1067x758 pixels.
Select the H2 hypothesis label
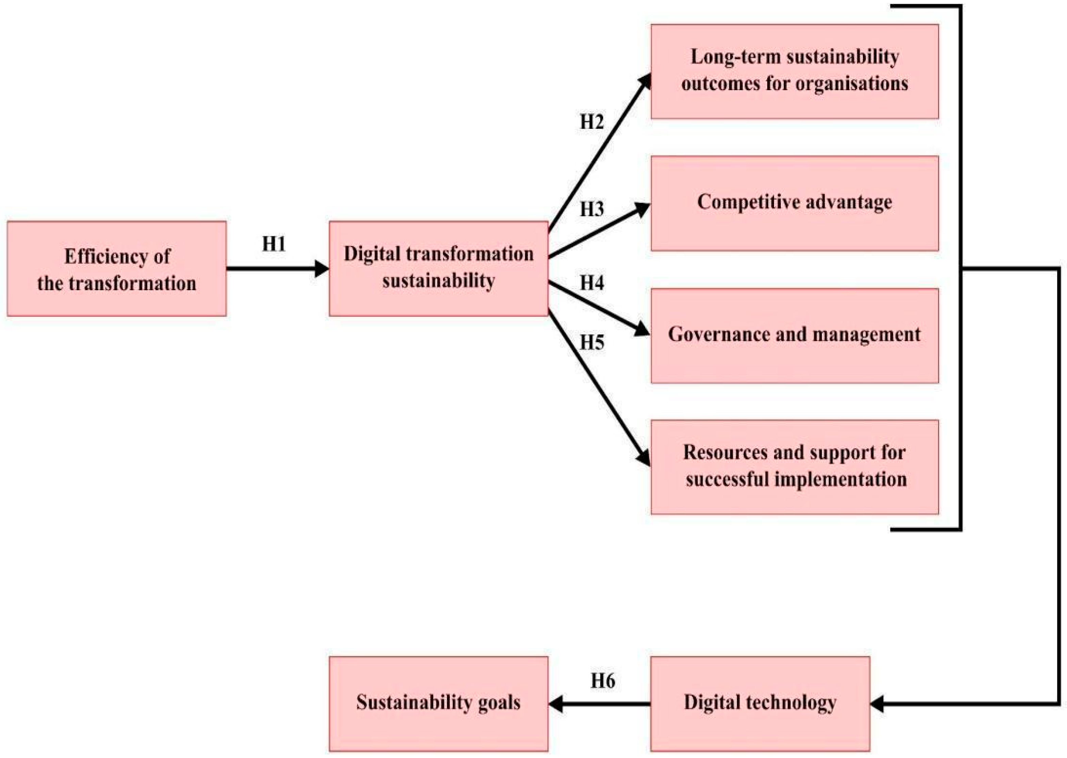[x=591, y=122]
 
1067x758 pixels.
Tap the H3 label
[x=591, y=209]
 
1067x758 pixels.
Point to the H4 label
[x=591, y=283]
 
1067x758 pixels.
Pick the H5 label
[x=591, y=342]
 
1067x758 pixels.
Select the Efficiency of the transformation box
[x=117, y=269]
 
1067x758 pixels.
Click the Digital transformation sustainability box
[x=438, y=269]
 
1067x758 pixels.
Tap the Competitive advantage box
[x=794, y=203]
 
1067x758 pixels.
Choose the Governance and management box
[x=794, y=335]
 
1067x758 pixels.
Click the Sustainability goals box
[x=438, y=704]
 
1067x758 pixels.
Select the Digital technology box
[x=760, y=704]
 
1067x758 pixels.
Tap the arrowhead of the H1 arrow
[x=322, y=269]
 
